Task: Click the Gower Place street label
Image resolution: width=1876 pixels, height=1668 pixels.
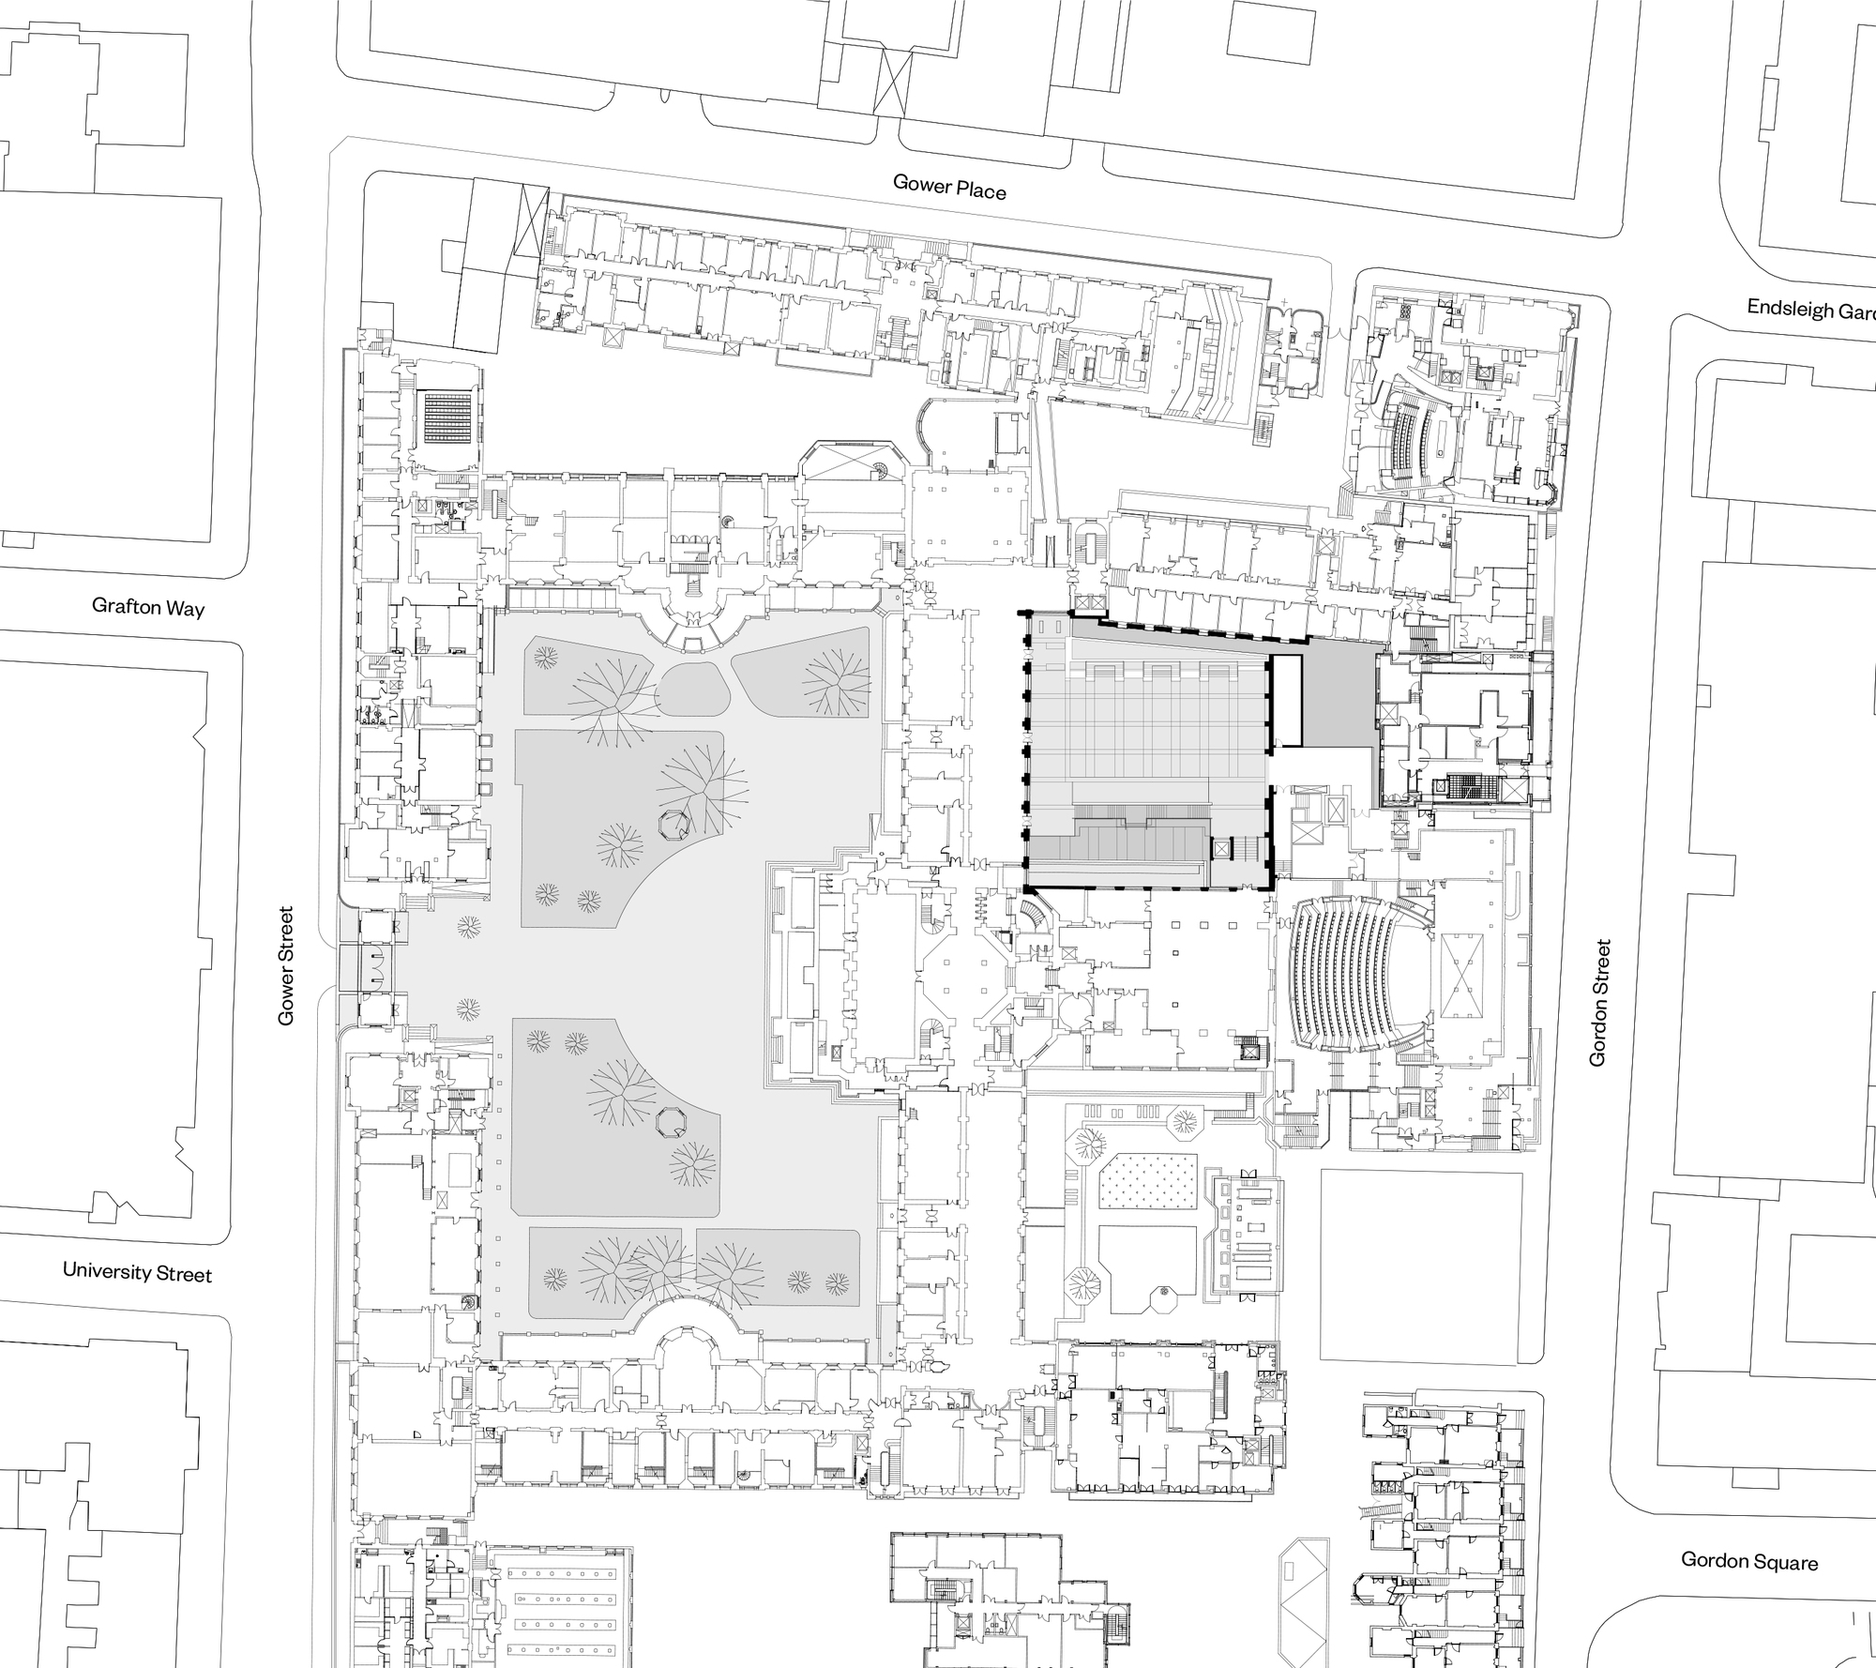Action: click(x=949, y=187)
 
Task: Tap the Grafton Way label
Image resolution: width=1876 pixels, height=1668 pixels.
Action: click(x=147, y=607)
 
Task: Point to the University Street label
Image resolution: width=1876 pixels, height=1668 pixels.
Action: click(x=137, y=1272)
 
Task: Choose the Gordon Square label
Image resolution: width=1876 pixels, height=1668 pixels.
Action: click(x=1748, y=1561)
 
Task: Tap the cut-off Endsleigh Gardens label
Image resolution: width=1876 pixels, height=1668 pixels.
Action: click(x=1810, y=310)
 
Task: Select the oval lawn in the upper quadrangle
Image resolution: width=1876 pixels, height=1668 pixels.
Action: click(x=692, y=692)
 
